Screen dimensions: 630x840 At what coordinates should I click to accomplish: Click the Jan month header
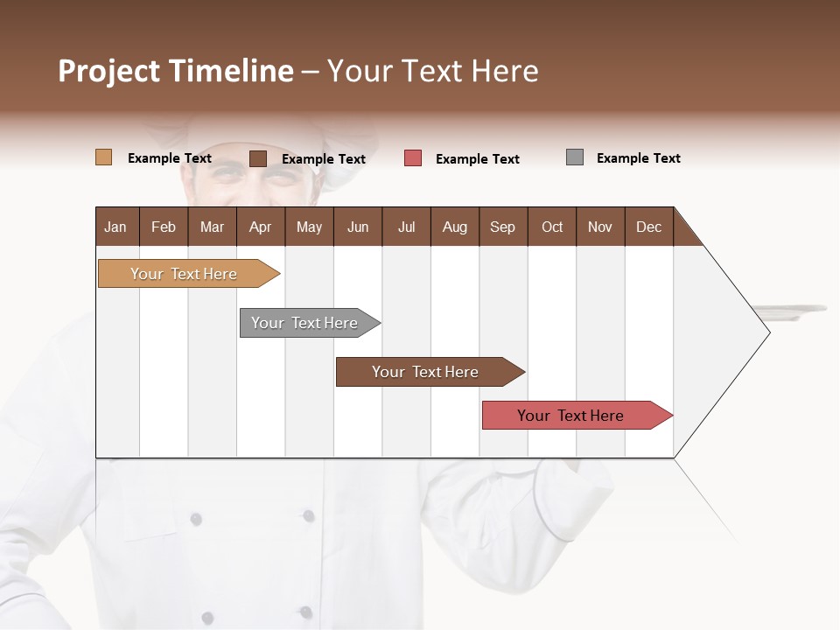tap(116, 227)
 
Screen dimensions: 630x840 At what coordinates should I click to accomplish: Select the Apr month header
tap(261, 227)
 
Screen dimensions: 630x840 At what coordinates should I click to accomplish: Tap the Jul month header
tap(406, 227)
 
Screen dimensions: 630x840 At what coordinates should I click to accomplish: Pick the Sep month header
tap(503, 227)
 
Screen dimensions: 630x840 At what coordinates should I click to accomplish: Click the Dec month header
tap(648, 227)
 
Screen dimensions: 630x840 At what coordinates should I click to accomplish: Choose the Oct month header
tap(552, 227)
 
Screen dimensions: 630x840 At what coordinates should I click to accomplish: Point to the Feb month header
tap(164, 227)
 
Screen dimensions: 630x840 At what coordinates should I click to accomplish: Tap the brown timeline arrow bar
tap(426, 372)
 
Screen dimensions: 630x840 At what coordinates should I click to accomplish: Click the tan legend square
tap(103, 157)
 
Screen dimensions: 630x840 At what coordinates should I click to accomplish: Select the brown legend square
tap(257, 158)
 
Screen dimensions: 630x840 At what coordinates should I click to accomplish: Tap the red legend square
tap(413, 158)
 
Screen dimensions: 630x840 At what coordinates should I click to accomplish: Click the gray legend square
tap(574, 157)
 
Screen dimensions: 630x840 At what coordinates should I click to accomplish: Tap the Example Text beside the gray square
tap(638, 158)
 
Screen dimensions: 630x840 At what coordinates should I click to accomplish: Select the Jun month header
tap(358, 227)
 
